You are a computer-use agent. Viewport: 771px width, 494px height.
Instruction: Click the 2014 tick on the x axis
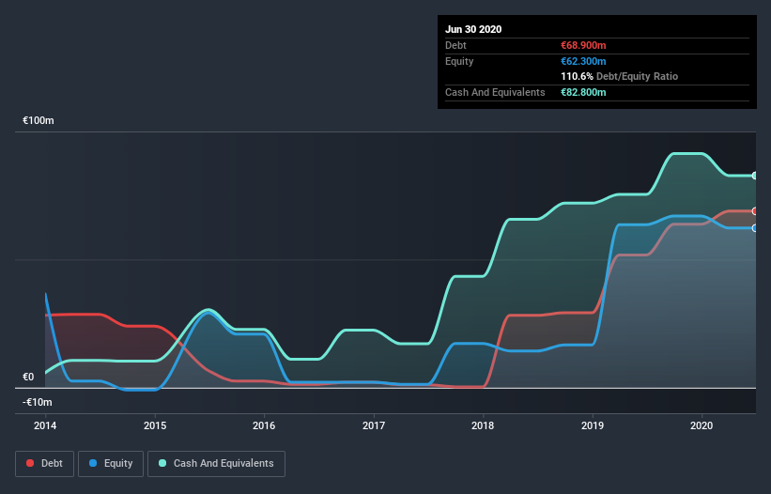[45, 425]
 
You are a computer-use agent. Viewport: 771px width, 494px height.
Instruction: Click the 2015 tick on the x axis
[155, 425]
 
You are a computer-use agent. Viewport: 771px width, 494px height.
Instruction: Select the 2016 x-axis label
[264, 425]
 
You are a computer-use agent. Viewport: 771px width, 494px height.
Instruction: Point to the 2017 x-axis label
[374, 425]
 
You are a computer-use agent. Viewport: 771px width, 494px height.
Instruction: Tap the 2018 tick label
[483, 425]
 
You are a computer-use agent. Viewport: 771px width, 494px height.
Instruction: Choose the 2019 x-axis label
[593, 425]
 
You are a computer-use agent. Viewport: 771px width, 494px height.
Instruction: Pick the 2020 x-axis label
[702, 425]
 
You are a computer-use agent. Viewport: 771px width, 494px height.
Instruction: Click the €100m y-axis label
[39, 121]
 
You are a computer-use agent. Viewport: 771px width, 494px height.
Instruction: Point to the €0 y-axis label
[28, 377]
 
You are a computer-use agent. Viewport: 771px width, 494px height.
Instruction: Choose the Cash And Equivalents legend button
[216, 463]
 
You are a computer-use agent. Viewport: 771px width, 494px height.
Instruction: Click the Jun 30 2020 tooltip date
[473, 29]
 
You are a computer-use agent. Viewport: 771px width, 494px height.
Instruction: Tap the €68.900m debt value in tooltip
[583, 45]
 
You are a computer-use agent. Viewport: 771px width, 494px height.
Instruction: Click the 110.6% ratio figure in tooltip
[577, 76]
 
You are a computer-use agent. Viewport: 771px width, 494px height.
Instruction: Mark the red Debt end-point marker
[754, 210]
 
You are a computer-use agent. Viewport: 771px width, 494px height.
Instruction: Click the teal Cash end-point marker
[754, 176]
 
